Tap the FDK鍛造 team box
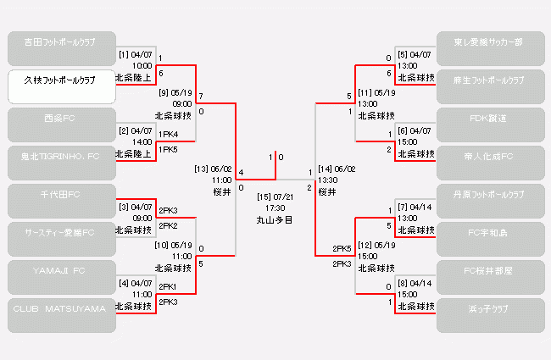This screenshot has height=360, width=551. point(490,125)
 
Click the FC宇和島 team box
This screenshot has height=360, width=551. point(490,239)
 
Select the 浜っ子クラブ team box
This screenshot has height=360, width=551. point(490,315)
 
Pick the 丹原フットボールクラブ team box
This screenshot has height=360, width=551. point(490,201)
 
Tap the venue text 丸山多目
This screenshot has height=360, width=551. point(275,219)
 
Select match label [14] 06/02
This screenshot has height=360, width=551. point(337,169)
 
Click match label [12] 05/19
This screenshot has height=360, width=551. point(376,245)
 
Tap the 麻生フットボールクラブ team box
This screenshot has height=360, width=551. point(490,86)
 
